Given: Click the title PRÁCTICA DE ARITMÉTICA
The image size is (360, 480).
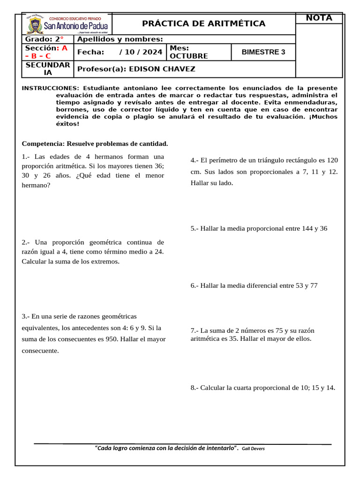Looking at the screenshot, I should (x=204, y=23).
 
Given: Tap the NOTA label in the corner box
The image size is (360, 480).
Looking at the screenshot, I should (x=319, y=18).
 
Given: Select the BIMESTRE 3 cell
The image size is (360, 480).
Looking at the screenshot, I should (x=263, y=52).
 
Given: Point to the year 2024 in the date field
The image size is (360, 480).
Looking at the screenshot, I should (x=152, y=52).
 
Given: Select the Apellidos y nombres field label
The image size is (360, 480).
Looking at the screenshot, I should (x=120, y=39).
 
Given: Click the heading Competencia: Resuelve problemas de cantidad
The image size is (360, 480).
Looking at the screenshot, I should (x=95, y=143).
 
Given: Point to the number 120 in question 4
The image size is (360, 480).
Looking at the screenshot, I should (x=332, y=160).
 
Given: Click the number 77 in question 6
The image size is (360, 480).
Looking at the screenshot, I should (x=313, y=285).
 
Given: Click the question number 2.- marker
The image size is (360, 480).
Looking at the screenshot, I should (x=26, y=242).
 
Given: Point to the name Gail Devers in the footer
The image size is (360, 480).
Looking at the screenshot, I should (x=253, y=449).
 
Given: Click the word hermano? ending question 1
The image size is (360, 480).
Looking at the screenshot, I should (x=36, y=185).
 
